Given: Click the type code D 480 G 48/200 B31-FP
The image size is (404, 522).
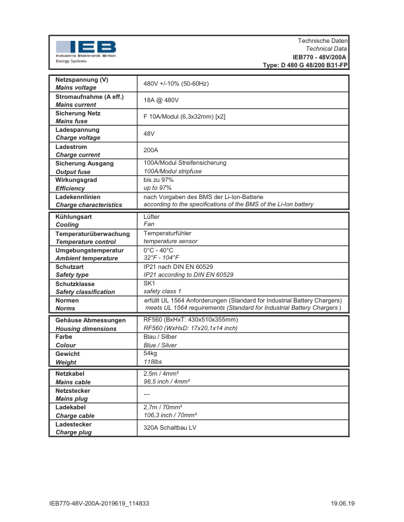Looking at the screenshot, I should pos(305,65).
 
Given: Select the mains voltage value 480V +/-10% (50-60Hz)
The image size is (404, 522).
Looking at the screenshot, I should pos(176,84).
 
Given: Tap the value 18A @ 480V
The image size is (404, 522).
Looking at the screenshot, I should pos(161,100).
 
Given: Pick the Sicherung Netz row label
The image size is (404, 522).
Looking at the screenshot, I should pos(78,113).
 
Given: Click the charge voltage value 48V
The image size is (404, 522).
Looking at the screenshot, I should pos(149,134).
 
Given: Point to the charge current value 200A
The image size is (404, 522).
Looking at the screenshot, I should pos(151,150).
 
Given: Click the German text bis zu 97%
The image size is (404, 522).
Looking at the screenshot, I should pos(158,180).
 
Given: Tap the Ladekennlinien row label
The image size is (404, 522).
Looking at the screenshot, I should pos(78,197).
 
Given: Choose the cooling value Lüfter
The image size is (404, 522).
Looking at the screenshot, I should pos(152,216).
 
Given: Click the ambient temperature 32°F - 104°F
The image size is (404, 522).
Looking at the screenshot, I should pos(162,258).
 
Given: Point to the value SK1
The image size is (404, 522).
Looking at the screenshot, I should pos(149,283).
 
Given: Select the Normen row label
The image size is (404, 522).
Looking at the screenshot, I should pos(67,300).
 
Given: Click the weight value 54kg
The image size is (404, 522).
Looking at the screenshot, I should pos(151,354).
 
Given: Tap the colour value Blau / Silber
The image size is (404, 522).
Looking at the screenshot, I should pos(160,337).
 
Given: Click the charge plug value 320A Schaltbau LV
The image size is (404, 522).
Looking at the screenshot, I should pos(170,428).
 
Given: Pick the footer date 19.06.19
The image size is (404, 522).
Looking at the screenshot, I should pos(343,504).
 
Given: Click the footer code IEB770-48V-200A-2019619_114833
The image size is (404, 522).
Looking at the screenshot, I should pos(100,504).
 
